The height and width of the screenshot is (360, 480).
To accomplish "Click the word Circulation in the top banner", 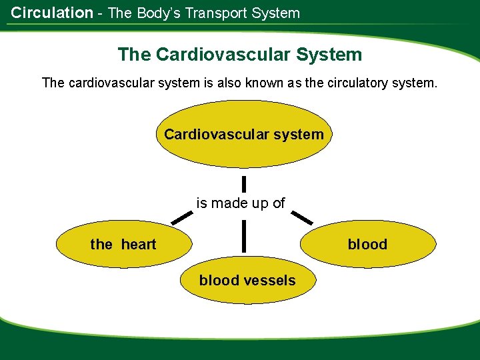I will [52, 13].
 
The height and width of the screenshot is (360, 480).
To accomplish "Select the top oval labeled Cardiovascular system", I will [243, 135].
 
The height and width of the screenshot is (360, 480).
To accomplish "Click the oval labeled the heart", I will [124, 245].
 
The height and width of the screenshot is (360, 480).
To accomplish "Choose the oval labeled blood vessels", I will [247, 281].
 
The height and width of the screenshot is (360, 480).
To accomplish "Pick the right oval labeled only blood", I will [367, 245].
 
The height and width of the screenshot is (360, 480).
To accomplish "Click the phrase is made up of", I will [240, 203].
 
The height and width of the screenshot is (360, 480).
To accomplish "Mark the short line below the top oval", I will [244, 183].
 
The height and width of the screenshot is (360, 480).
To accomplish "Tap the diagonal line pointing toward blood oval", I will [303, 217].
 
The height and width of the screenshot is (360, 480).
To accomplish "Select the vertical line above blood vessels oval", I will [245, 237].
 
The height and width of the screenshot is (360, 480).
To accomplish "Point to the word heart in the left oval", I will [139, 245].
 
